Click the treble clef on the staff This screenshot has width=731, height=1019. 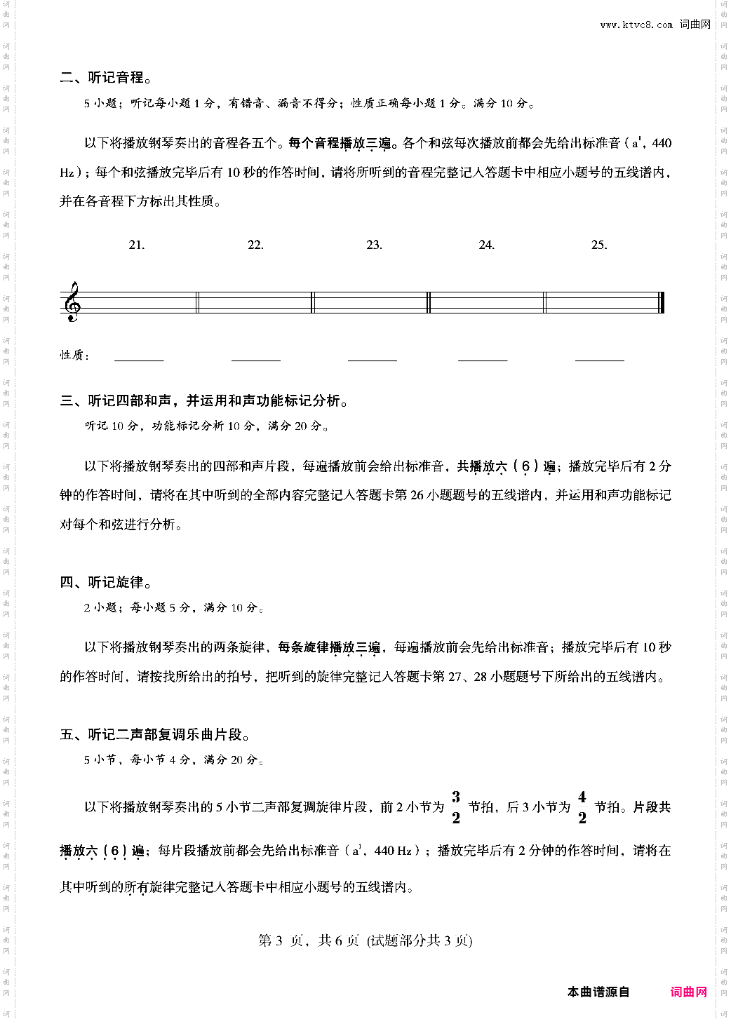click(x=72, y=302)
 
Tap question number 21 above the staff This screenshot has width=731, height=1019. click(x=137, y=245)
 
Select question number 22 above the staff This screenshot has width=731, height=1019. click(x=255, y=245)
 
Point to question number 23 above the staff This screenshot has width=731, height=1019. click(x=374, y=245)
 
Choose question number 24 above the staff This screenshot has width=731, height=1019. click(x=486, y=245)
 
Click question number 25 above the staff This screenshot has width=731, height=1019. click(x=598, y=245)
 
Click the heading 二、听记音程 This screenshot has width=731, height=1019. click(x=106, y=78)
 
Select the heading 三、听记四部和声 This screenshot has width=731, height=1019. click(x=204, y=400)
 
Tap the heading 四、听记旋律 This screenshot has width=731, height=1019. click(x=106, y=582)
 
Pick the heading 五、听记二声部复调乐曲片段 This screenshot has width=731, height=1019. click(x=155, y=734)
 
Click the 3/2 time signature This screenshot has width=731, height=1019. click(x=456, y=807)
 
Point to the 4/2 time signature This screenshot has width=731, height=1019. click(x=582, y=807)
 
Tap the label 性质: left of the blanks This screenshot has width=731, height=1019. click(x=74, y=356)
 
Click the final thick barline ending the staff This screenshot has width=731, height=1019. click(x=662, y=302)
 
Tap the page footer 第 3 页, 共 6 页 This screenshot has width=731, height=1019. click(x=365, y=940)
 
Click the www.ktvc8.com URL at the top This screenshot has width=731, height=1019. click(x=636, y=25)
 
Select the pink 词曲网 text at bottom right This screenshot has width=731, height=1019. click(x=688, y=992)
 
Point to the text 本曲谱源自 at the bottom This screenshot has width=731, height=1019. click(x=598, y=992)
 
